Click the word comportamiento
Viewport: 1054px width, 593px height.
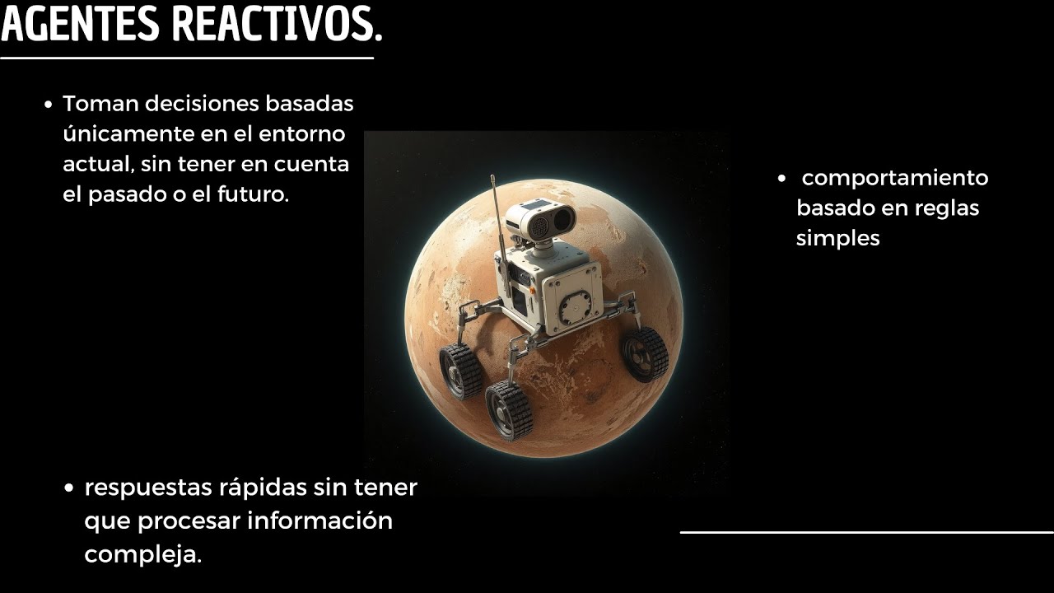point(895,179)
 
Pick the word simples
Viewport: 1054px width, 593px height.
point(838,238)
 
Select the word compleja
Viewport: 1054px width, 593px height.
point(142,554)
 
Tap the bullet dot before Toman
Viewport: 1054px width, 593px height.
point(48,105)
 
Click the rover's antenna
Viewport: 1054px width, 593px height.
point(495,206)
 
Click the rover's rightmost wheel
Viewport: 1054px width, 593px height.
point(645,354)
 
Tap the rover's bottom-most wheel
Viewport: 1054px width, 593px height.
point(509,409)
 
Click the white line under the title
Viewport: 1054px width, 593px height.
point(187,58)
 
